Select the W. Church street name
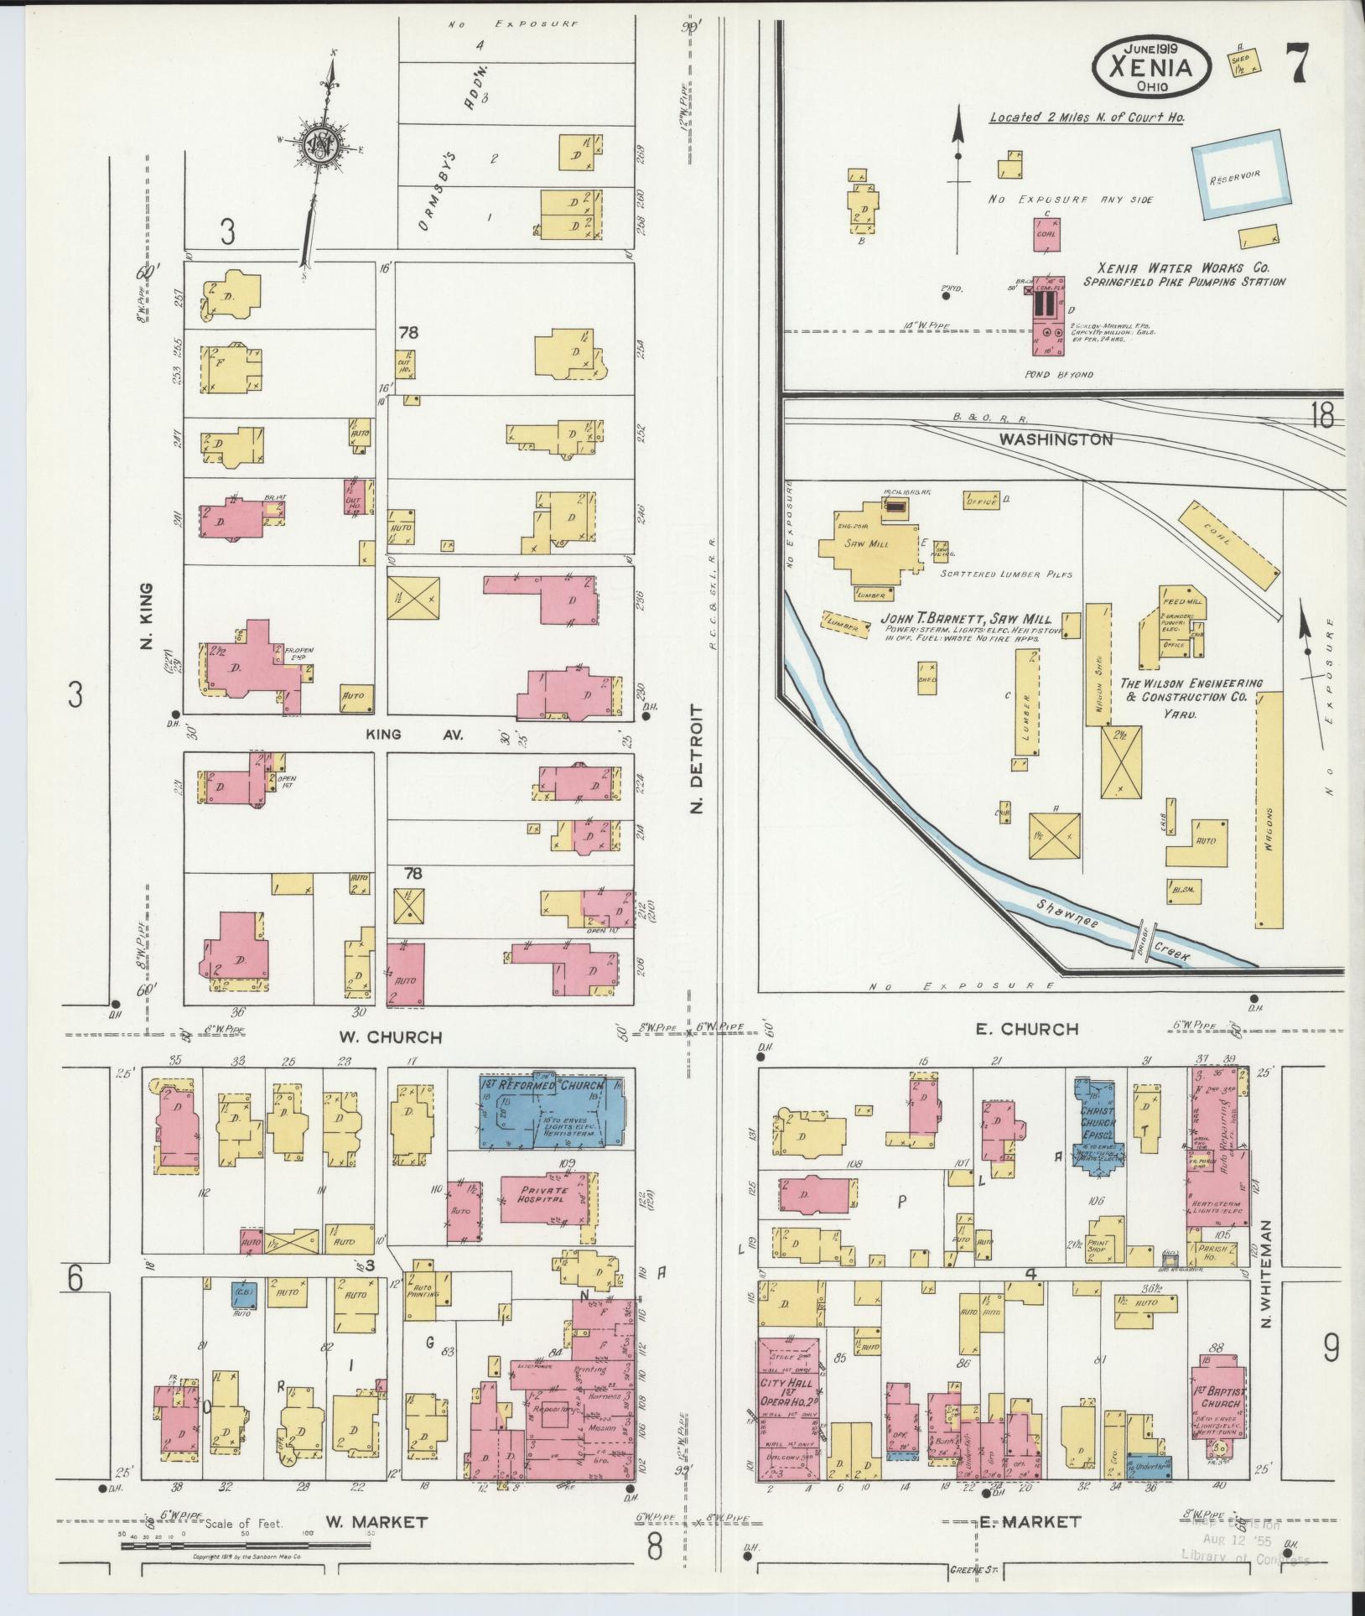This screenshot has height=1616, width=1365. point(390,1037)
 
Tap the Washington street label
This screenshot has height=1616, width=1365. point(1055,439)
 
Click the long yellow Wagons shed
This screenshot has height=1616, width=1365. point(1269,808)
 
